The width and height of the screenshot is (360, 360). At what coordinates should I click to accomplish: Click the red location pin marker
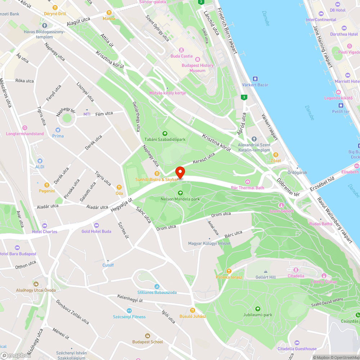point(180,172)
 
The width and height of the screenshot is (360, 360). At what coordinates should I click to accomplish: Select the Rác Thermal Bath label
point(247,188)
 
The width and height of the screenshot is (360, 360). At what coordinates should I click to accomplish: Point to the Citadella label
point(296,276)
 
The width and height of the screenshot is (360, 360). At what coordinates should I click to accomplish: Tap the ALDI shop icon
point(40,161)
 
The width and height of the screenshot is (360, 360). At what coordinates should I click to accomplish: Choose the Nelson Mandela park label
point(180,199)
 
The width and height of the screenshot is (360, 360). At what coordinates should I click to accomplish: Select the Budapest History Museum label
point(197,68)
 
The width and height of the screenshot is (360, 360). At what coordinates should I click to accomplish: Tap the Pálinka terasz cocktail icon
point(229,271)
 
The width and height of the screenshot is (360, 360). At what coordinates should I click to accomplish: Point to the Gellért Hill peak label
point(265,277)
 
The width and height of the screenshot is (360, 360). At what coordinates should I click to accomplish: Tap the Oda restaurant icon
point(119,187)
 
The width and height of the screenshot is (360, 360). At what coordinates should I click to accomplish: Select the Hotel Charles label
point(45,231)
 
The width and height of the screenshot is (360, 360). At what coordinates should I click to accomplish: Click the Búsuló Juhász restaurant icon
point(193,310)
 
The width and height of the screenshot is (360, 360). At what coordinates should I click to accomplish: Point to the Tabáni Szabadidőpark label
point(165,139)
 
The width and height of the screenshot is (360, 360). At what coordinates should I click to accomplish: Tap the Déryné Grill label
point(55,14)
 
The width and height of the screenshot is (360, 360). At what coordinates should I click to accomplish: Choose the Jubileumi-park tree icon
point(257,309)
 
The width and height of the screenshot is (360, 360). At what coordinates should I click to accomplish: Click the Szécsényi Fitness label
point(129,317)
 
